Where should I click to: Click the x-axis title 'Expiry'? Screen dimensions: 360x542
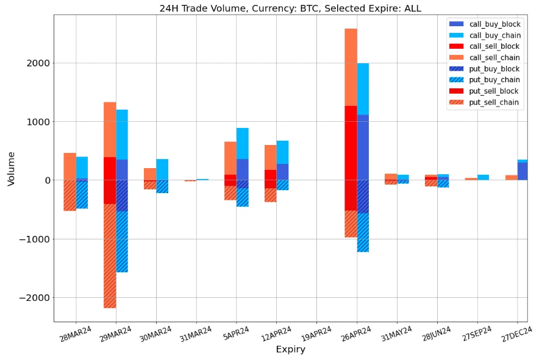pos(290,350)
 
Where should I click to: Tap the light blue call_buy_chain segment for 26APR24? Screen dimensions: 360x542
pos(363,89)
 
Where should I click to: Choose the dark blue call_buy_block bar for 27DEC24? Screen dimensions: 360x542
pos(522,171)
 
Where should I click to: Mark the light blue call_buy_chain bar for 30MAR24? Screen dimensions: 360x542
pos(162,169)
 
